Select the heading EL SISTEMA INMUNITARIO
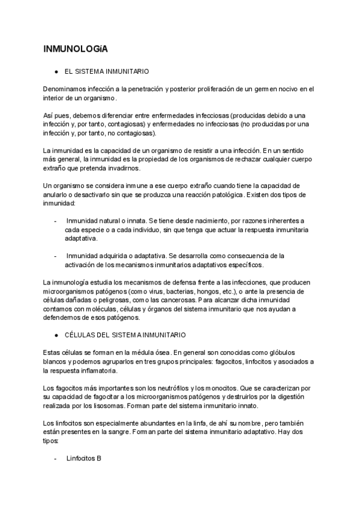pyautogui.click(x=106, y=71)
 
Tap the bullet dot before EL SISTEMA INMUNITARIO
pyautogui.click(x=56, y=71)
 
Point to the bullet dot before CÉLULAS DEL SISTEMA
pyautogui.click(x=56, y=334)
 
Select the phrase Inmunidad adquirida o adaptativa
pyautogui.click(x=117, y=255)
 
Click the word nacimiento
pyautogui.click(x=208, y=221)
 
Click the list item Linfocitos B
pyautogui.click(x=84, y=458)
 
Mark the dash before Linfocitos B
pyautogui.click(x=56, y=458)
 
